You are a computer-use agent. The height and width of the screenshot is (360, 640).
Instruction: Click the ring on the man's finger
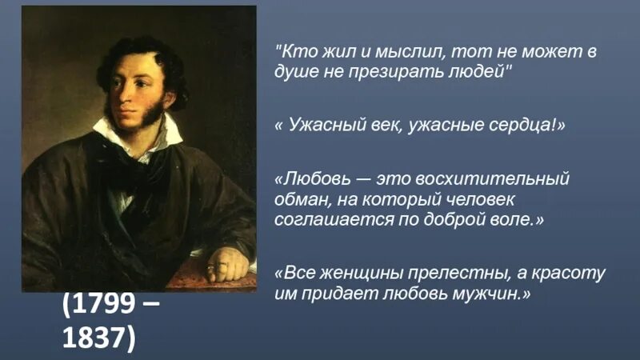210,266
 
